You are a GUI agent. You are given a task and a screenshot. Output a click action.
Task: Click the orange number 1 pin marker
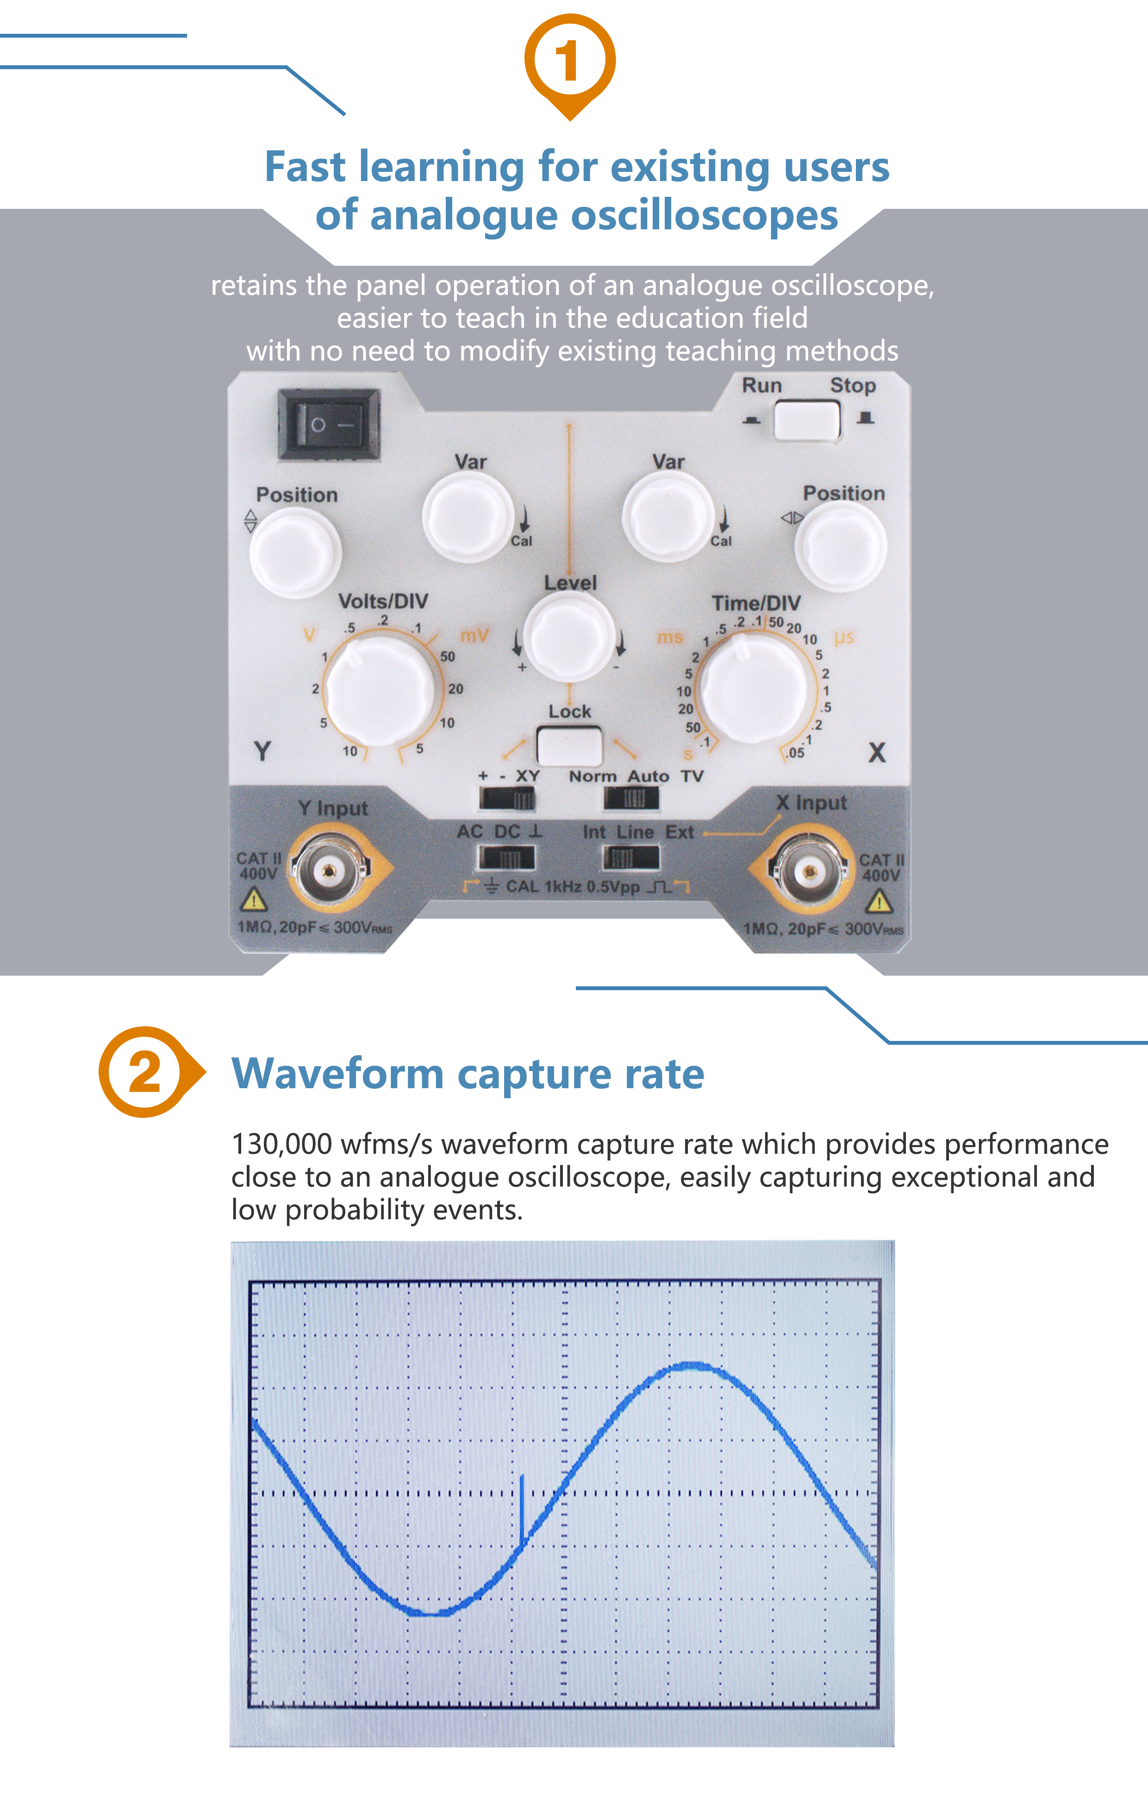pyautogui.click(x=569, y=62)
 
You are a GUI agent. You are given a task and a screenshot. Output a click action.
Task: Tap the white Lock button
pyautogui.click(x=569, y=745)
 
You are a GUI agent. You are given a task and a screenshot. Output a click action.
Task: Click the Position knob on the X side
pyautogui.click(x=840, y=547)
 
